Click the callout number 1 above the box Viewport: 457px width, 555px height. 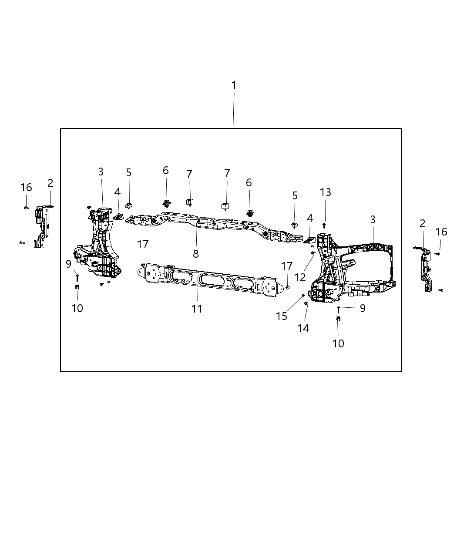point(234,85)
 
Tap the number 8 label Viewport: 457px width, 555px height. point(196,254)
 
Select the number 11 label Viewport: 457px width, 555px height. point(197,309)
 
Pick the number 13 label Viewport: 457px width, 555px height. point(325,192)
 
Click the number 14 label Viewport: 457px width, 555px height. point(303,329)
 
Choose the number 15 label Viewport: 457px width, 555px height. point(282,316)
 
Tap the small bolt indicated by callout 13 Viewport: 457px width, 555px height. point(324,225)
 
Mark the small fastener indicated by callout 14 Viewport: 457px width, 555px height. point(306,303)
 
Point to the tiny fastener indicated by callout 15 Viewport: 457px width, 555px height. point(302,296)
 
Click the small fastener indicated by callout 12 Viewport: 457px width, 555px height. point(313,252)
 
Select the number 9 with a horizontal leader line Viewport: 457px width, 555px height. point(362,308)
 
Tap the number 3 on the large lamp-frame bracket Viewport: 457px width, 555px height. point(373,220)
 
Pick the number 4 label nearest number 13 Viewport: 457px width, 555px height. point(309,218)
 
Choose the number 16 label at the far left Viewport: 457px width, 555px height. point(26,187)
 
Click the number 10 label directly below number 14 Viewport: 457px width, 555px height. point(338,343)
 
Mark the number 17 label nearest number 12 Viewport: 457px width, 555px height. point(287,266)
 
